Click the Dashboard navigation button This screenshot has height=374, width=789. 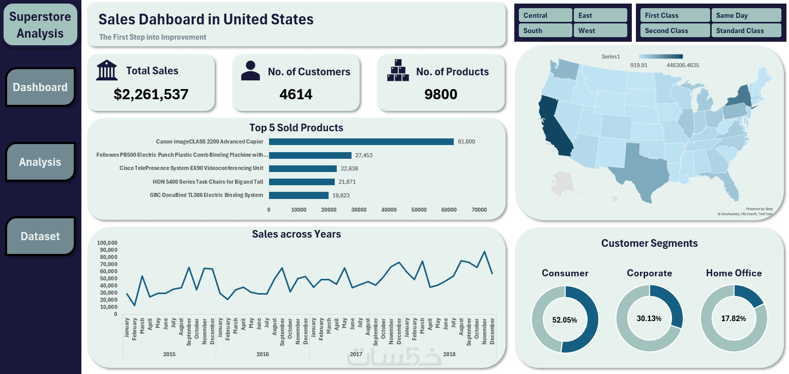coord(40,87)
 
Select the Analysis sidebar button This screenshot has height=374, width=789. coord(40,162)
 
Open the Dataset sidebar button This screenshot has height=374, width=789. coord(40,236)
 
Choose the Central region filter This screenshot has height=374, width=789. coord(545,15)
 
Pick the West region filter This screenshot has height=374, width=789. coord(600,31)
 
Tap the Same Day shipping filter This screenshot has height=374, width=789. coord(745,15)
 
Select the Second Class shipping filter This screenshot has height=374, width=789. coord(675,31)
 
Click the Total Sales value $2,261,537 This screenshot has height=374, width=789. coord(151,94)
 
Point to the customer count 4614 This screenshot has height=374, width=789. coord(296,94)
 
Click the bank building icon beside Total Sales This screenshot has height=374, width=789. coord(106,70)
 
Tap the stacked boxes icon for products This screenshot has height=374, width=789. coord(398,71)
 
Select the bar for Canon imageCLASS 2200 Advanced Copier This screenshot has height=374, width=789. coord(361,141)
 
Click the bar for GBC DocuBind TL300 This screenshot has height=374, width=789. coord(299,195)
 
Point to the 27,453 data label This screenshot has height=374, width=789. coord(364,155)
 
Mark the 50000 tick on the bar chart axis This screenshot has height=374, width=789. coord(419,210)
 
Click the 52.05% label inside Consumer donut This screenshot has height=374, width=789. coord(565,320)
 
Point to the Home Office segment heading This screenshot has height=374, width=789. coord(734,273)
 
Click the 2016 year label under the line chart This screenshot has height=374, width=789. coord(262,354)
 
